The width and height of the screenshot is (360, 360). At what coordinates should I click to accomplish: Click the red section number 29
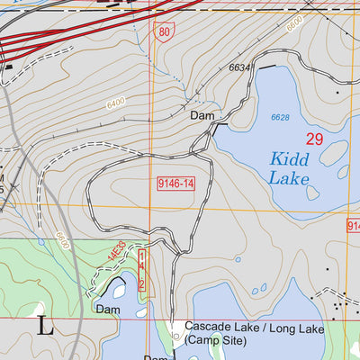(x=313, y=139)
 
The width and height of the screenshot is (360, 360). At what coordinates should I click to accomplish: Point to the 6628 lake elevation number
(x=281, y=117)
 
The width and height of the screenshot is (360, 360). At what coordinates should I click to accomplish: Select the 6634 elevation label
(x=238, y=67)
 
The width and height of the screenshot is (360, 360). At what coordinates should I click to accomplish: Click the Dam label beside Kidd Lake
(x=201, y=115)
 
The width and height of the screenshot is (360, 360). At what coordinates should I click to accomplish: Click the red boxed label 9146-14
(x=175, y=184)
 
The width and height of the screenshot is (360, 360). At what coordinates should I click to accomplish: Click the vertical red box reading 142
(x=142, y=271)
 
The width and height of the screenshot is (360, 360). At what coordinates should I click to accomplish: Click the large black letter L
(x=45, y=326)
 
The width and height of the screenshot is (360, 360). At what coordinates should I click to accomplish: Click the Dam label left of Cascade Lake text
(x=108, y=310)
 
